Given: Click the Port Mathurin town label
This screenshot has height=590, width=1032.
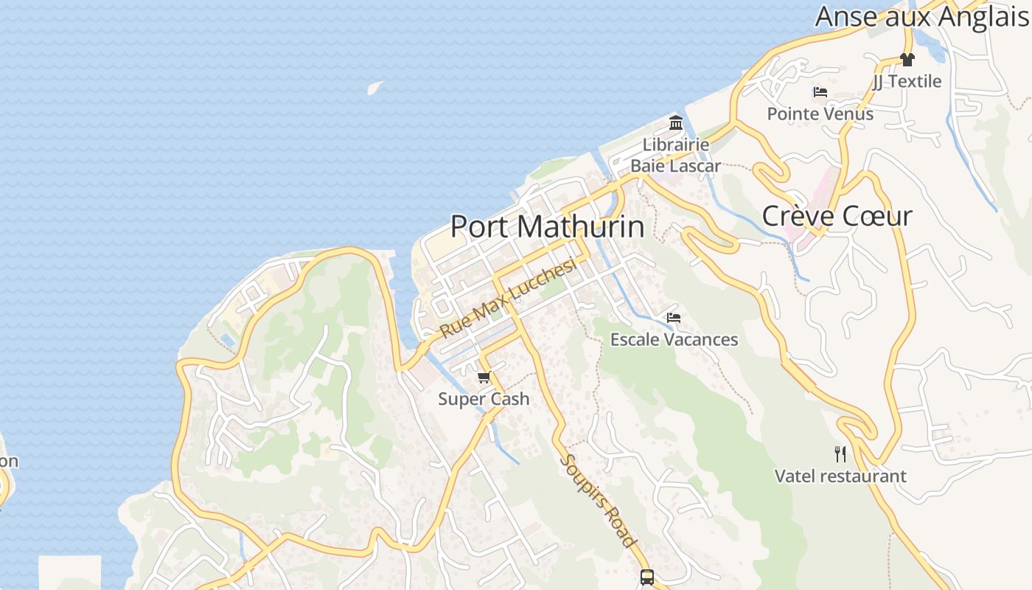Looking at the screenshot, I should click(547, 227).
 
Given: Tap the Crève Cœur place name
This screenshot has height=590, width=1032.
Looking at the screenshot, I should click(837, 216).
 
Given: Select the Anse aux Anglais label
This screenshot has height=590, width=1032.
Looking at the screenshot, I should click(921, 16).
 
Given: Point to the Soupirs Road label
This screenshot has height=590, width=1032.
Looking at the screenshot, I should click(599, 501).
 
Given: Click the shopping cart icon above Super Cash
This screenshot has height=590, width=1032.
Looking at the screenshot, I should click(484, 378).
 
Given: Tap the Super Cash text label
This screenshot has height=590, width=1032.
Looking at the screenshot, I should click(484, 399).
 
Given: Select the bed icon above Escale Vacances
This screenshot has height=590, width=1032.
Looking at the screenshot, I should click(673, 318).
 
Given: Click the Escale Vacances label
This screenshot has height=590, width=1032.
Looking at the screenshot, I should click(674, 339).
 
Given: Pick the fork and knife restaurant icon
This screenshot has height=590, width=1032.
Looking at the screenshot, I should click(840, 454).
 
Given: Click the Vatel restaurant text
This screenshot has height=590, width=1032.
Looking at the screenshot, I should click(840, 476).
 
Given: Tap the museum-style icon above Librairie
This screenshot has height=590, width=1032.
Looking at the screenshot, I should click(676, 122).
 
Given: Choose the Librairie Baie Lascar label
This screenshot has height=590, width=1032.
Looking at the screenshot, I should click(675, 155).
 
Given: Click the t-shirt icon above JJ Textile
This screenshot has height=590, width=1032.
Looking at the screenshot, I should click(907, 60).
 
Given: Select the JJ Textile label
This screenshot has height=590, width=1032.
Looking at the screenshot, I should click(907, 81).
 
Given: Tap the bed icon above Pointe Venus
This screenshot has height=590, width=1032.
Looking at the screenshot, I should click(820, 92).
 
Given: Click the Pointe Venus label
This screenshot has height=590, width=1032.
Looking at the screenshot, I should click(820, 114).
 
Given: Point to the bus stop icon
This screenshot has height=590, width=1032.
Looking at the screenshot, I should click(647, 577).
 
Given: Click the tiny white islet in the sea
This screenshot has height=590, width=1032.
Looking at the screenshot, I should click(375, 88).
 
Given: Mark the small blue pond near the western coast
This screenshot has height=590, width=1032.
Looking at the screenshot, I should click(229, 340).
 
